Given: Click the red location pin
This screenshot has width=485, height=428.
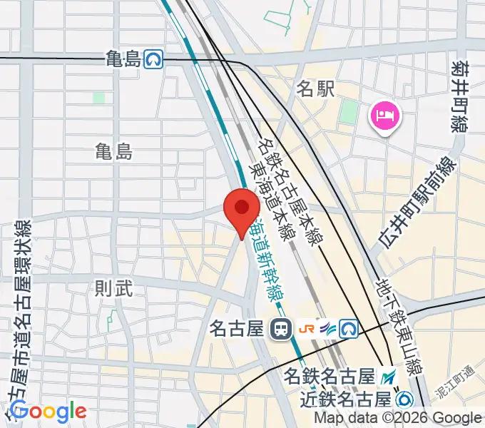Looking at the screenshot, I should pos(242,209).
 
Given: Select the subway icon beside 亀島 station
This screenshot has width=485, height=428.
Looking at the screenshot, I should pos(153,59).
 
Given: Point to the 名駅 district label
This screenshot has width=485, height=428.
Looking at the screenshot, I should pos(316,89).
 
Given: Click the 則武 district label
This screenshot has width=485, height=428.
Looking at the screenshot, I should pos(114,289).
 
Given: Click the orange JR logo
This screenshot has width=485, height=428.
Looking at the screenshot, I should pos(308,329).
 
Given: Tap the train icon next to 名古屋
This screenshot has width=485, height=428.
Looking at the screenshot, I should pos(280,329).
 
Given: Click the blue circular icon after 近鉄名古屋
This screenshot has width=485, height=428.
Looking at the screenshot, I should pos(406,398).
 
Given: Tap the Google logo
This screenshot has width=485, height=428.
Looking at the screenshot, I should pos(48,412).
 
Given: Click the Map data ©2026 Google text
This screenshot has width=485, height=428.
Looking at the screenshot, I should pos(397,418).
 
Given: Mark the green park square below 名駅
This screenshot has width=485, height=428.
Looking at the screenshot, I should pos(349,112).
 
